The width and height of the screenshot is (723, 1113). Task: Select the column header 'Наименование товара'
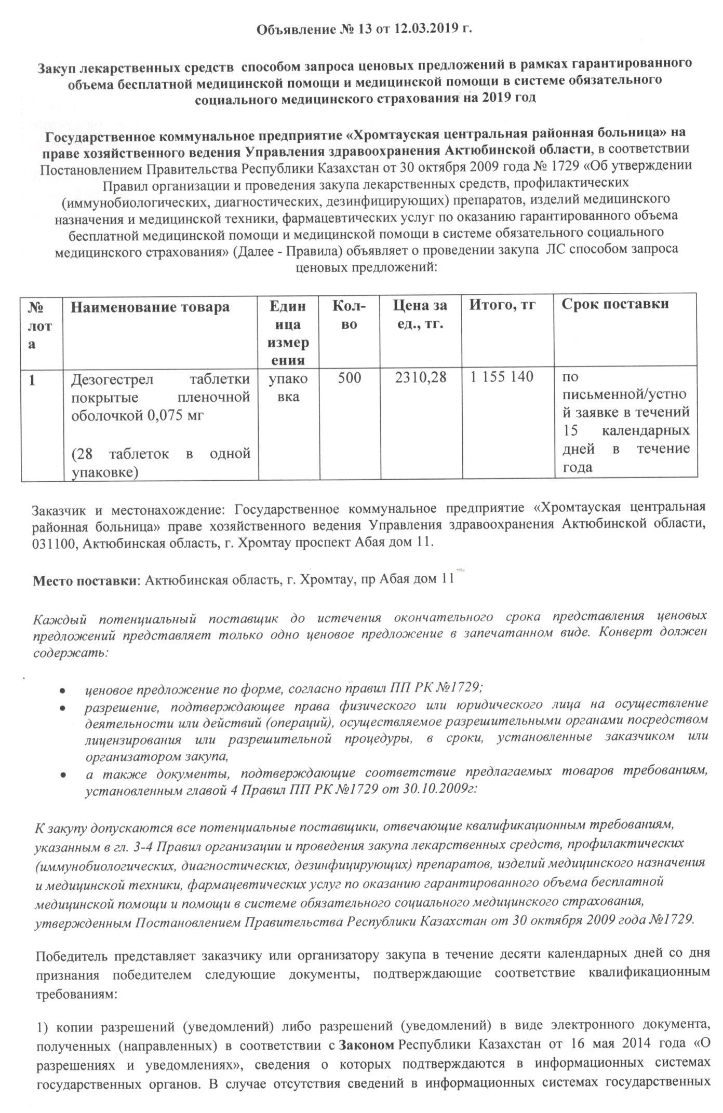click(x=150, y=306)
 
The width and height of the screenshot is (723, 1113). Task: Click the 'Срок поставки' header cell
click(x=615, y=304)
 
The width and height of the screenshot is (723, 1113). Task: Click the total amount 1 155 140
click(x=502, y=377)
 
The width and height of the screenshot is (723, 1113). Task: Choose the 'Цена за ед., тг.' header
click(x=420, y=316)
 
